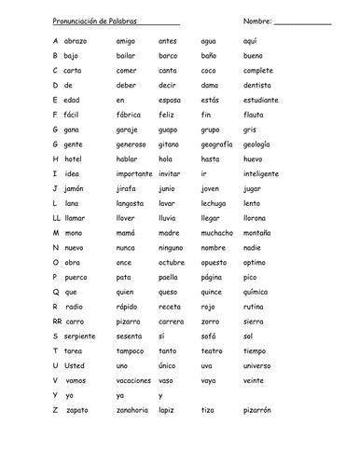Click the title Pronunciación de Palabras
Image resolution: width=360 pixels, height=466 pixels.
pos(90,21)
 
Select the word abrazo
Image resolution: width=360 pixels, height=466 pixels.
pos(76,41)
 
